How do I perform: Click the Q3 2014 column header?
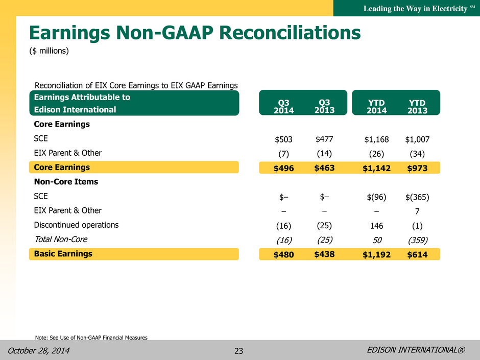point(283,106)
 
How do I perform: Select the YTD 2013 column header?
point(417,106)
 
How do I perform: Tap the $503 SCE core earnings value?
point(283,139)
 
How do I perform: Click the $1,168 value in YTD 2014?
point(376,139)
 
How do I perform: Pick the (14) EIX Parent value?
point(324,153)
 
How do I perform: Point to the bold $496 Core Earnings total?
point(283,168)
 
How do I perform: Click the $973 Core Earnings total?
point(417,168)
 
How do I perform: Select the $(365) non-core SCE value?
point(417,197)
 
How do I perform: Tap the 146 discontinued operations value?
point(376,226)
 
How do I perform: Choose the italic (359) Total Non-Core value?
point(418,240)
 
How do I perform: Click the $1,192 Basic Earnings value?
point(376,255)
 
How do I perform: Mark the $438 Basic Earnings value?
point(324,254)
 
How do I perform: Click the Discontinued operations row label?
point(76,225)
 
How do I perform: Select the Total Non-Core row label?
point(61,239)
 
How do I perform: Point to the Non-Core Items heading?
point(66,181)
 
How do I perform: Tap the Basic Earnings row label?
point(63,254)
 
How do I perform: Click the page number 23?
point(239,351)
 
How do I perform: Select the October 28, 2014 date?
point(39,350)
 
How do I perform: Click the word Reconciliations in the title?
point(290,33)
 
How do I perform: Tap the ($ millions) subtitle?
point(49,51)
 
